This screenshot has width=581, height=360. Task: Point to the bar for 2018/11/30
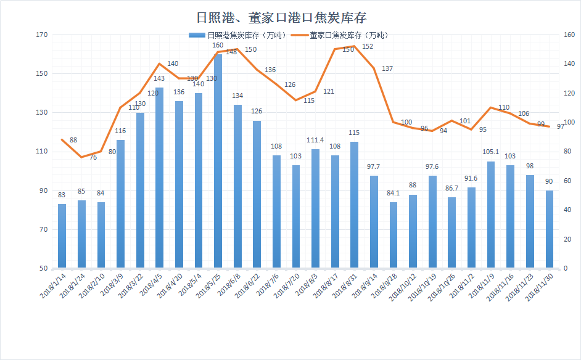(x=549, y=229)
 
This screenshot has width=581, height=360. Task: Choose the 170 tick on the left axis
(x=41, y=35)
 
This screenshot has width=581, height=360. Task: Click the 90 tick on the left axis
(x=43, y=190)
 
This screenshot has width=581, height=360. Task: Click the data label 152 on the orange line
(x=368, y=47)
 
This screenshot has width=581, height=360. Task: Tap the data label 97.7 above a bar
(x=374, y=167)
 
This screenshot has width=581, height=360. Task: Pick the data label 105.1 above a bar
(x=491, y=153)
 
